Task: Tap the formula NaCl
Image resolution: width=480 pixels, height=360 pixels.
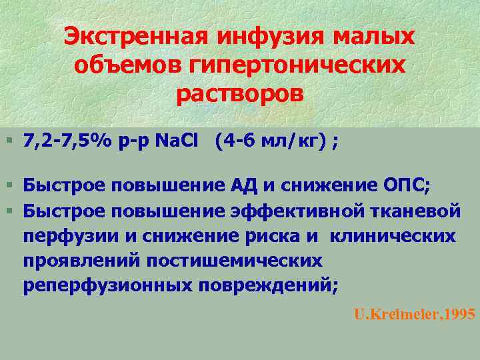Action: pos(179,141)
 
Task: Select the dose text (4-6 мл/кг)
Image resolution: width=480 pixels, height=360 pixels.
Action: pos(273,141)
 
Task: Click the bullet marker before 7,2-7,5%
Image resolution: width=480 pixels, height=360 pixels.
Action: pos(8,141)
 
